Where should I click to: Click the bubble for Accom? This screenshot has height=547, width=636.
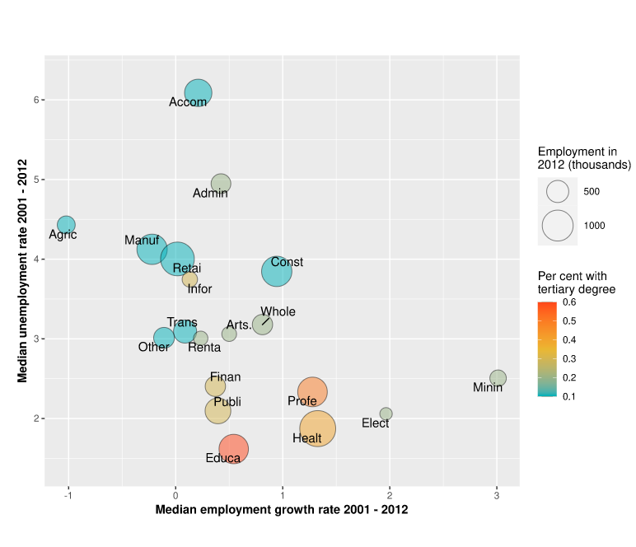click(198, 92)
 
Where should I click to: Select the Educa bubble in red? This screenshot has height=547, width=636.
click(234, 450)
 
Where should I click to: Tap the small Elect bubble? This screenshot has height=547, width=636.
click(386, 414)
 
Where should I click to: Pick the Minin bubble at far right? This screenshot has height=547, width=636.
click(498, 378)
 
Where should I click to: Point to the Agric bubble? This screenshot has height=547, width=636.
click(66, 224)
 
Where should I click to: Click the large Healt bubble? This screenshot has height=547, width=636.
click(317, 428)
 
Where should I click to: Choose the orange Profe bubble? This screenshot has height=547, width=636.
click(312, 392)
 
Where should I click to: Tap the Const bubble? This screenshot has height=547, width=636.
click(277, 271)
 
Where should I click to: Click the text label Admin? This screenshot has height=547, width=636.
click(210, 194)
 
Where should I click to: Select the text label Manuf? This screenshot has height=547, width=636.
click(142, 241)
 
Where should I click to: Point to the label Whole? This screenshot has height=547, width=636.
click(278, 312)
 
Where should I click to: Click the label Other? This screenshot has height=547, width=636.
click(153, 347)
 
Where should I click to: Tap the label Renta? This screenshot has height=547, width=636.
click(204, 348)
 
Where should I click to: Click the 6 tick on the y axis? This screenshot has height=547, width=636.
click(37, 100)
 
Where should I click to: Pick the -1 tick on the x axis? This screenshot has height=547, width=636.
click(68, 496)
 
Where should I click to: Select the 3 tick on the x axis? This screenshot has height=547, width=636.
click(497, 496)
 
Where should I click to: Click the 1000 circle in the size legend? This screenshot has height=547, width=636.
click(558, 226)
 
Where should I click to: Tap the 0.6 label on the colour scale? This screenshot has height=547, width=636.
click(568, 302)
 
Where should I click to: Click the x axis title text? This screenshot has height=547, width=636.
click(282, 510)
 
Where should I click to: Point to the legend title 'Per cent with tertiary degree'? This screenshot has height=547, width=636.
click(577, 283)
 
